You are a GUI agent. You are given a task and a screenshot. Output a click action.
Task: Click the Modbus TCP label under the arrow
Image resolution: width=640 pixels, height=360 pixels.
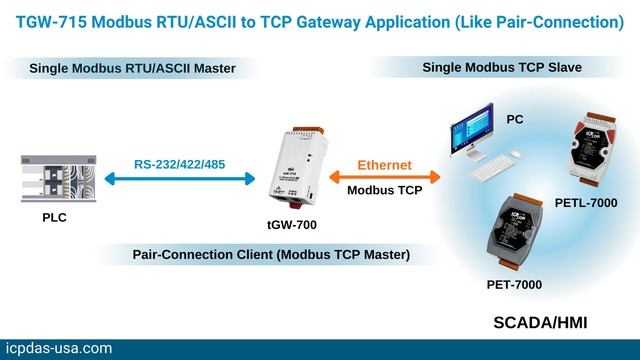coord(385,189)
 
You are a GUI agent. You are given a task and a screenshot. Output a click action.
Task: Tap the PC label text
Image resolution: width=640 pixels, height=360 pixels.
coord(513,119)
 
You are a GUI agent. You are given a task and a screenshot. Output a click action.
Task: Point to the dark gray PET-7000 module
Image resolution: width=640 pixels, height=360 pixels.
coord(526,231)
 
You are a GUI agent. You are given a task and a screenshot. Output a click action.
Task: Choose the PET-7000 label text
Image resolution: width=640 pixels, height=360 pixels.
coord(512,285)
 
